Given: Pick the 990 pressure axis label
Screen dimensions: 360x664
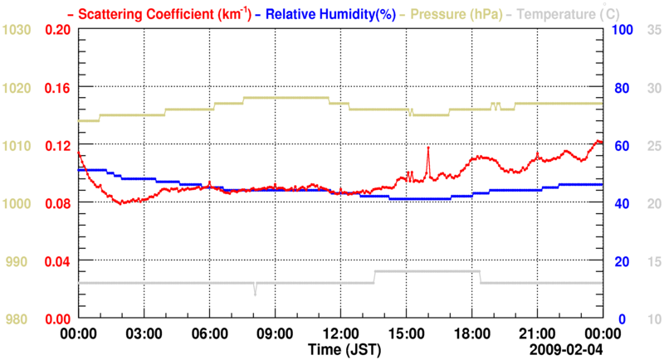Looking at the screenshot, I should point(21,261).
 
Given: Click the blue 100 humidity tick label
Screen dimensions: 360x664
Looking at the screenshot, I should point(622,30).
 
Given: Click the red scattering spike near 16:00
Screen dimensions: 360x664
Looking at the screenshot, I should point(428,148).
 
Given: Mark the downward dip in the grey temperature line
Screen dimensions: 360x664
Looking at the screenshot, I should point(256,293).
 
